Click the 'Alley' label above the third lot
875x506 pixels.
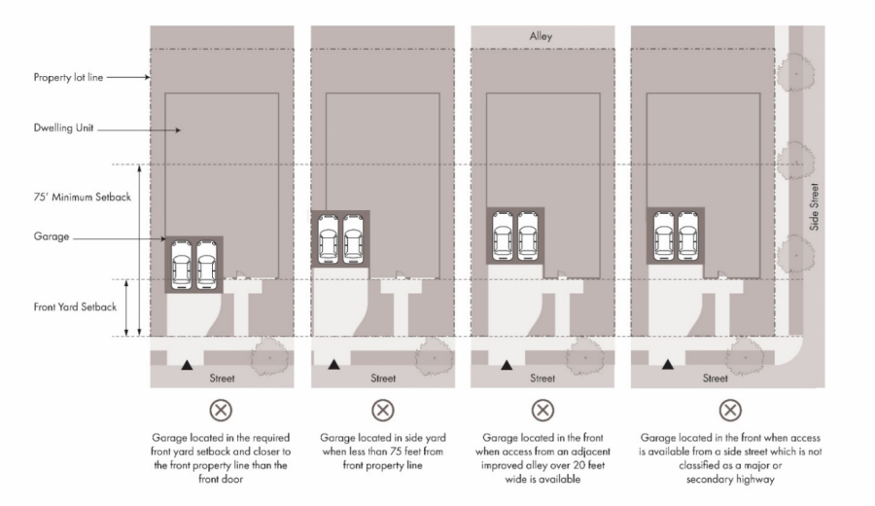[x=541, y=36]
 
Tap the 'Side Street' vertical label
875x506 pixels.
[x=814, y=206]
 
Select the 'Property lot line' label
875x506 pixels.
[x=68, y=78]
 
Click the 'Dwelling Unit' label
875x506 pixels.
[x=63, y=127]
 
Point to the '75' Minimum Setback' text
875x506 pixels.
[x=83, y=197]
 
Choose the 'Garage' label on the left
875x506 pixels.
[x=52, y=236]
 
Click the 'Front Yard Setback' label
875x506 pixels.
[x=75, y=307]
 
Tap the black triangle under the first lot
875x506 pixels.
[x=187, y=365]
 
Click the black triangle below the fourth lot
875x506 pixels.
[x=667, y=365]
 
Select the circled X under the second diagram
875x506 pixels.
[x=383, y=411]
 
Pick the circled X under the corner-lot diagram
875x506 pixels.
[x=730, y=411]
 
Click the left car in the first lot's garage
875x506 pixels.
[x=182, y=265]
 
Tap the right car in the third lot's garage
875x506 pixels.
[x=528, y=235]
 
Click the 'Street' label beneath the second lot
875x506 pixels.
[x=383, y=379]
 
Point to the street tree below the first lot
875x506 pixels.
[x=270, y=356]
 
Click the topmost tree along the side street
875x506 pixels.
[x=795, y=73]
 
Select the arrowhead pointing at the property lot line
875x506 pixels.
[x=148, y=77]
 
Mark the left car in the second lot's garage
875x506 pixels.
[x=328, y=239]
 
